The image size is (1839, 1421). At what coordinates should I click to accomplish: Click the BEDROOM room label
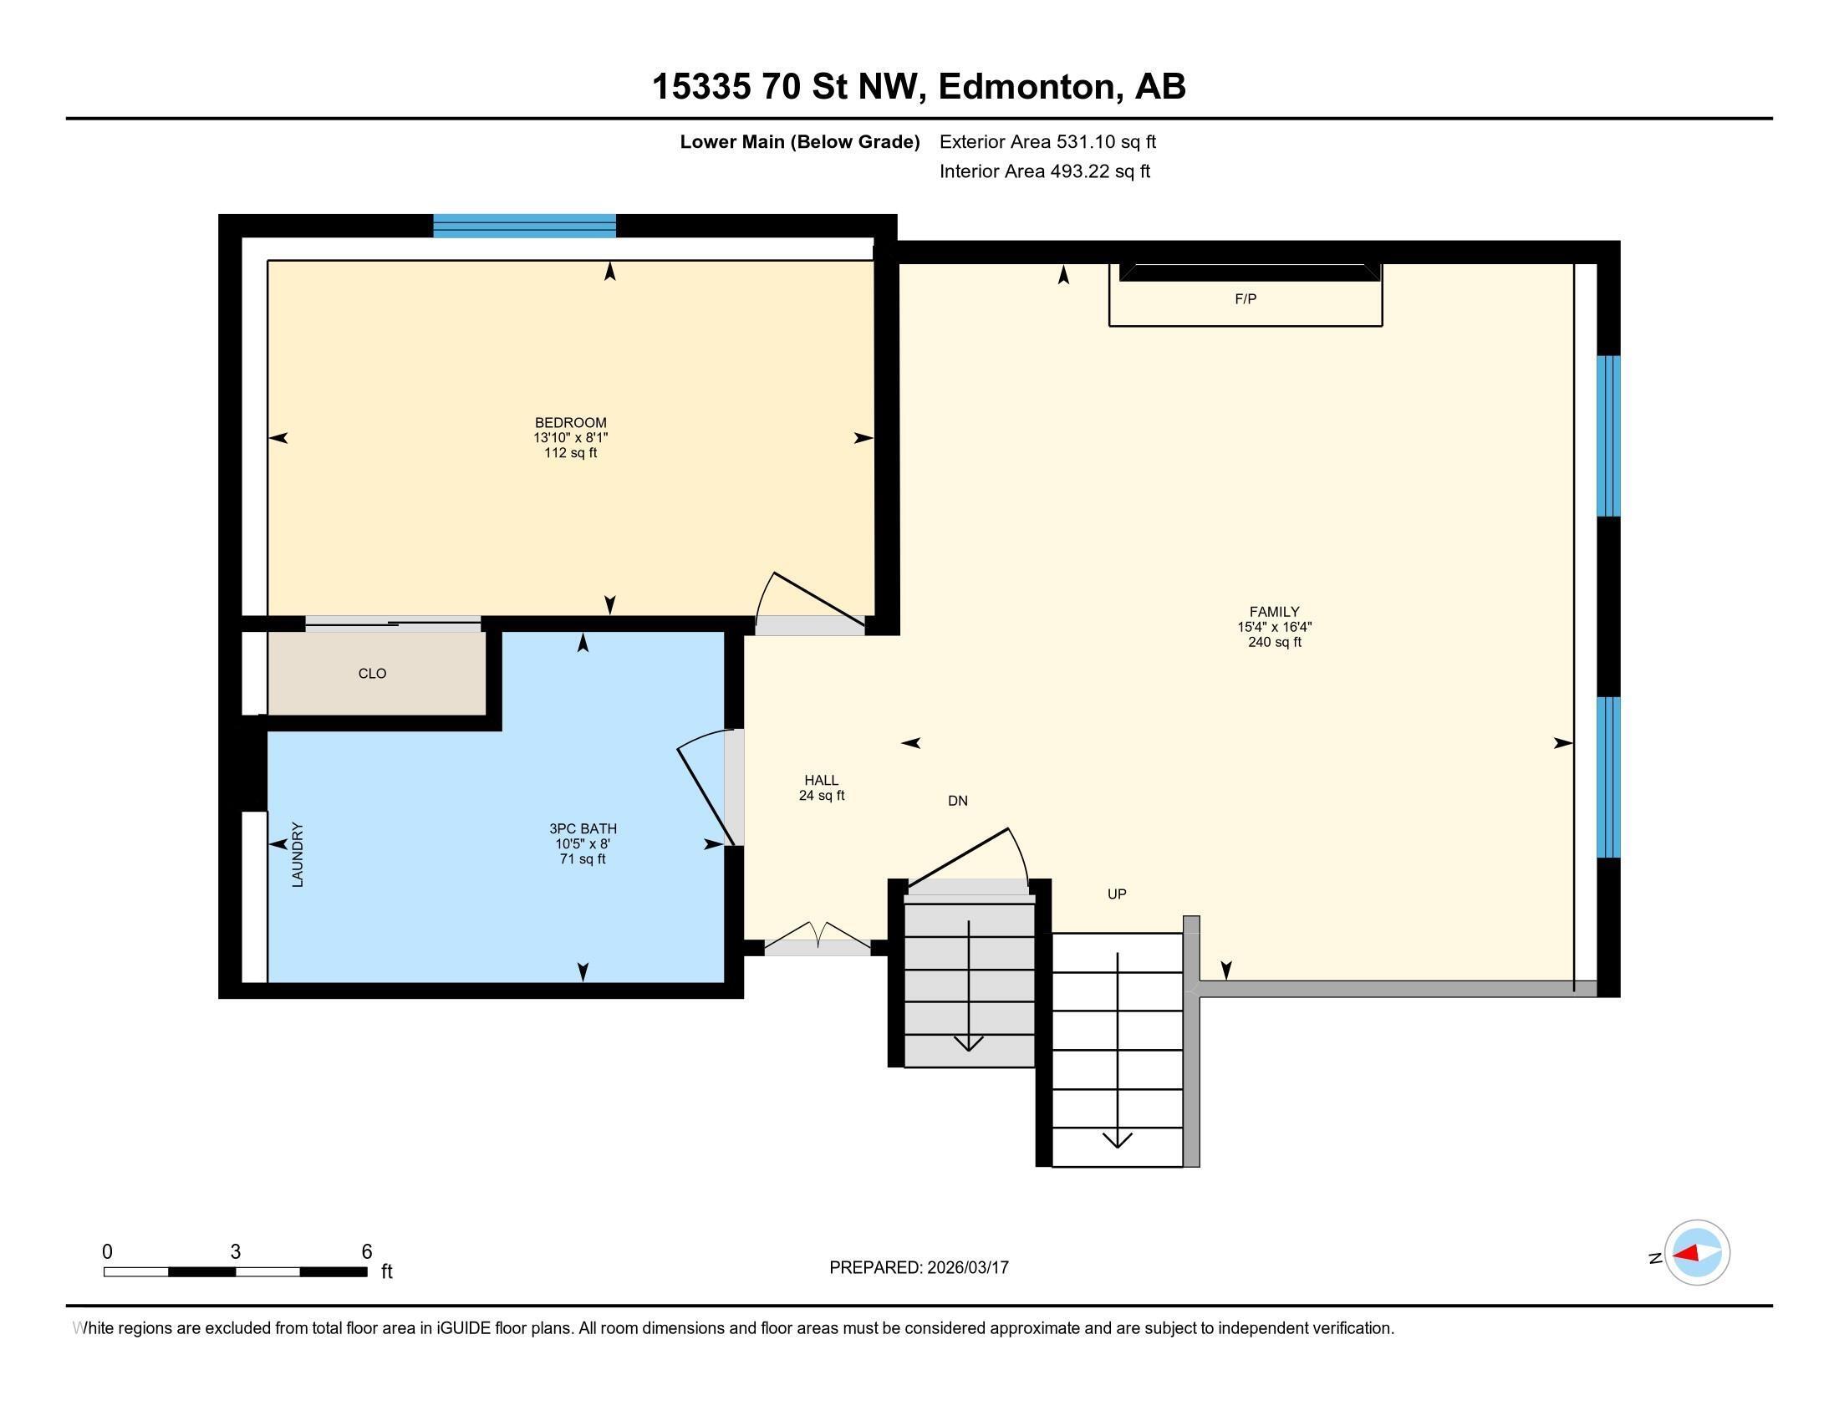[570, 423]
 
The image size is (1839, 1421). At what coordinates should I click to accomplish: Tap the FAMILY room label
[1273, 612]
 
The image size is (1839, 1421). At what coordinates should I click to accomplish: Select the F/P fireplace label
[1245, 299]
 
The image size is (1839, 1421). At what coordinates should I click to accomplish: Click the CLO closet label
[372, 674]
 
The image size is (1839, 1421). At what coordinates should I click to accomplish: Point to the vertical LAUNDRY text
[298, 854]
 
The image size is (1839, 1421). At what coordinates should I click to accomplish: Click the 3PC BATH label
[583, 829]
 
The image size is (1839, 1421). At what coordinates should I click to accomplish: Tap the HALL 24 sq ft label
[821, 787]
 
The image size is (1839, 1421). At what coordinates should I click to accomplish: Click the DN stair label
[957, 801]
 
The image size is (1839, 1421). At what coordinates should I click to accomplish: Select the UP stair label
[1117, 894]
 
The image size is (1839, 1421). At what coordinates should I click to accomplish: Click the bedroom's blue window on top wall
[525, 226]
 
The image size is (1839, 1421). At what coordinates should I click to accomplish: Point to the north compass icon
[1696, 1253]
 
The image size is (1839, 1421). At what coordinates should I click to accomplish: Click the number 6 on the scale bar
[366, 1252]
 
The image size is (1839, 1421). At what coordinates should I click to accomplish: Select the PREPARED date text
[919, 1268]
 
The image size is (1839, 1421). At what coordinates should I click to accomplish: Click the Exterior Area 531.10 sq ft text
[1047, 142]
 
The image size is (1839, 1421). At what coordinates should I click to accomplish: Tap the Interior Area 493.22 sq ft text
[1044, 171]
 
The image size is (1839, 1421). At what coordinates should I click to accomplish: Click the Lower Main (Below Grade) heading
[799, 142]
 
